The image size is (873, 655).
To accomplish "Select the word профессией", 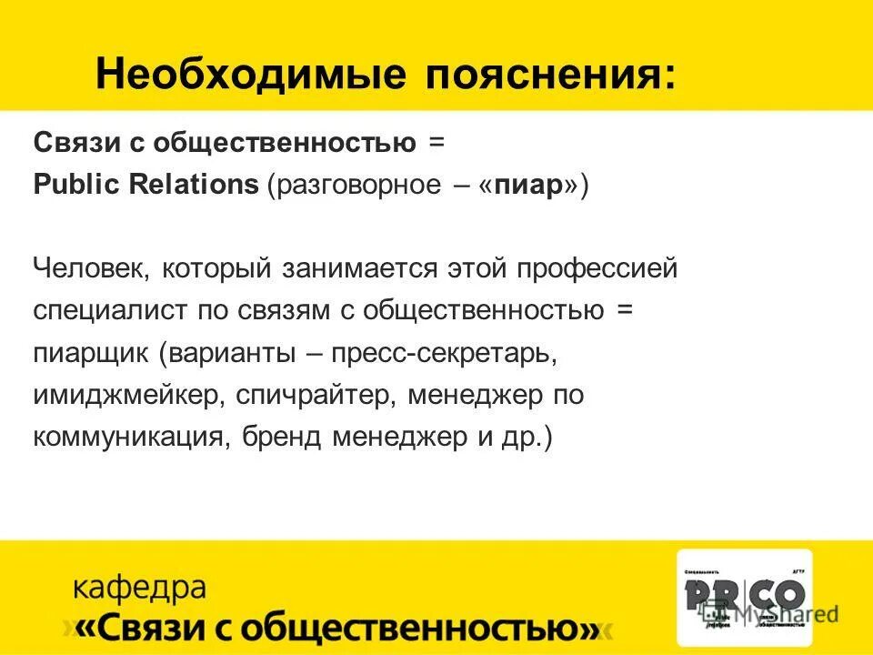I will (x=599, y=269).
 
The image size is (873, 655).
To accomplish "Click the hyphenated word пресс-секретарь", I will (x=443, y=353).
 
